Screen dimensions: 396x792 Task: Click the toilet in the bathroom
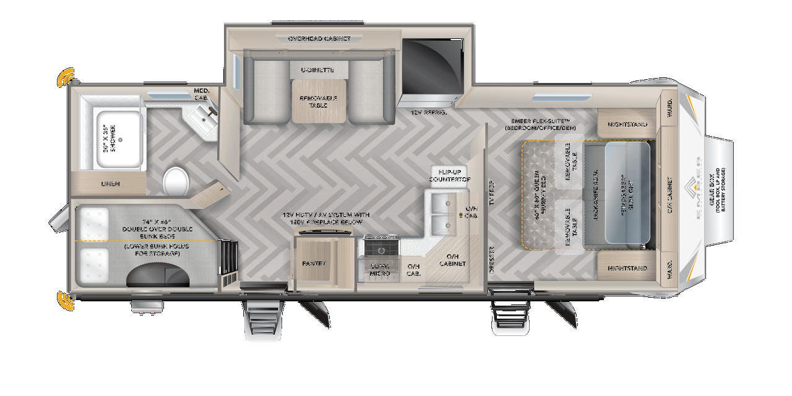(176, 181)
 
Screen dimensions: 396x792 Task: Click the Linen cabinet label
(111, 184)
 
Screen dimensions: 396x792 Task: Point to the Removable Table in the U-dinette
(318, 102)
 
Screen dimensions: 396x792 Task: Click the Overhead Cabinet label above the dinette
(319, 38)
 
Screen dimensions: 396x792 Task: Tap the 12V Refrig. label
(429, 113)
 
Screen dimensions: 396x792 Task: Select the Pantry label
(314, 264)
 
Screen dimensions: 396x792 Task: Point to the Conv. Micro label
(379, 270)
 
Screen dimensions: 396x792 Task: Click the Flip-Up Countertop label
(450, 175)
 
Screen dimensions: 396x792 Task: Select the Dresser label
(492, 260)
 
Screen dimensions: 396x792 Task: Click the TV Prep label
(492, 192)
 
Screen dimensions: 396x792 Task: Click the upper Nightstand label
(627, 124)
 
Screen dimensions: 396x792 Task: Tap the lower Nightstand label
(627, 269)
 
